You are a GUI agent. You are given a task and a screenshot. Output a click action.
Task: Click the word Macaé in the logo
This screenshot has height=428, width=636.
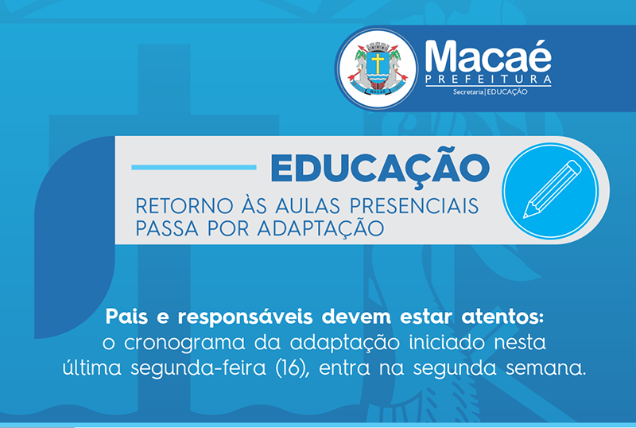(x=488, y=56)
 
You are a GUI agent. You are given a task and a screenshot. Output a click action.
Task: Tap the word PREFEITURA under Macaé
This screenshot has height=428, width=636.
(x=488, y=80)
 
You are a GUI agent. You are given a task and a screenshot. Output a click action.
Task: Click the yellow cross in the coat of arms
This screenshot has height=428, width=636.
(x=378, y=64)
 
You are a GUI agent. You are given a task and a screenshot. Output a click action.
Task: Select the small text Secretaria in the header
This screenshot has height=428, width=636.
(x=468, y=92)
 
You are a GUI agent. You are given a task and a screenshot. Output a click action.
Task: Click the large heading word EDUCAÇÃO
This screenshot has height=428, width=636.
(x=381, y=167)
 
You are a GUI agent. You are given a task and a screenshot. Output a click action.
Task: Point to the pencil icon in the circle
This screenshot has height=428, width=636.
(x=553, y=189)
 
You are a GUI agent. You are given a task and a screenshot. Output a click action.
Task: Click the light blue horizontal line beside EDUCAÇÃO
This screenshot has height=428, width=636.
(x=194, y=167)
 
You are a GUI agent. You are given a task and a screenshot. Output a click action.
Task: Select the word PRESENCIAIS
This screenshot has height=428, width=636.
(x=414, y=206)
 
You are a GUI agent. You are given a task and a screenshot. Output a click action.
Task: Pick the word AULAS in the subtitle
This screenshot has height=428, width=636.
(x=308, y=206)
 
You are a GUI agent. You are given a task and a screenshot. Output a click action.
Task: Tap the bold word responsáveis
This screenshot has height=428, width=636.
(x=246, y=317)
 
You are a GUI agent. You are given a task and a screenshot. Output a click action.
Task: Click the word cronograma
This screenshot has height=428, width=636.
(x=184, y=343)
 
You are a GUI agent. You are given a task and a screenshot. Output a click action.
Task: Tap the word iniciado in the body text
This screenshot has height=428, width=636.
(x=447, y=342)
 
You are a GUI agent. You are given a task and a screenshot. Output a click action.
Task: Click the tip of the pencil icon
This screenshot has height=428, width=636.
(x=525, y=217)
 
